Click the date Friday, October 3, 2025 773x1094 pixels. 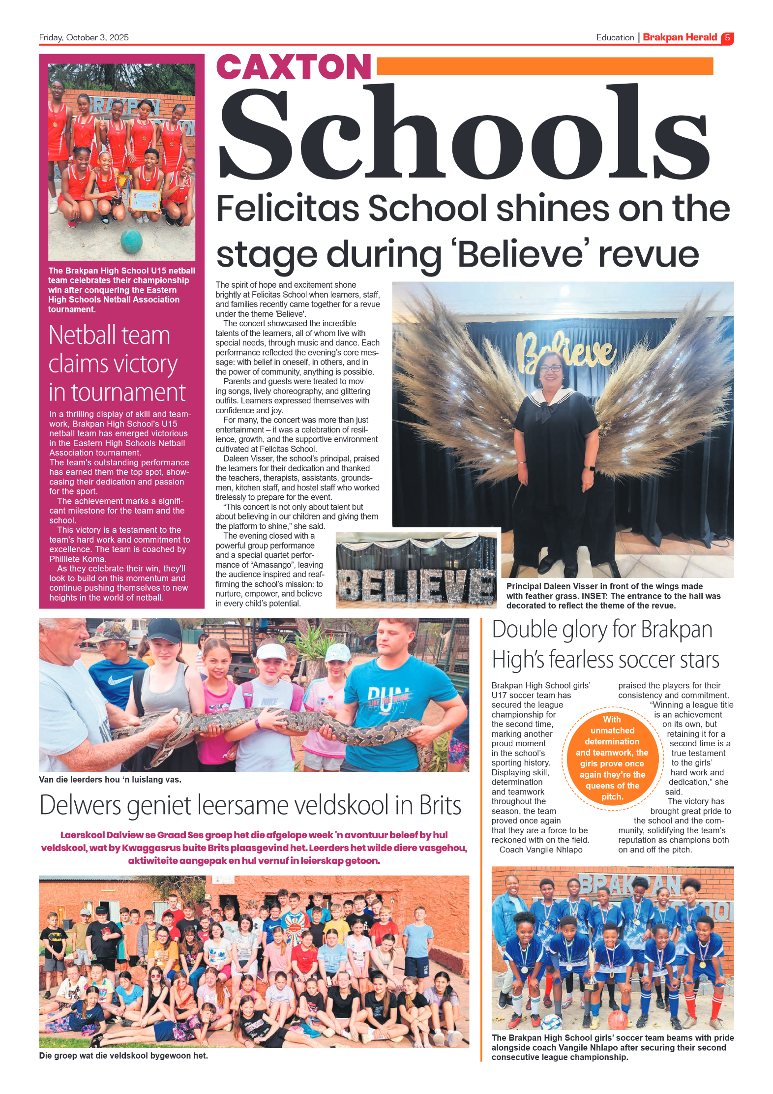click(x=84, y=37)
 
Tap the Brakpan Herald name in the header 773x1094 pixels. click(x=680, y=37)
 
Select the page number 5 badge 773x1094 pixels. click(x=727, y=38)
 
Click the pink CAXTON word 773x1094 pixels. click(x=294, y=67)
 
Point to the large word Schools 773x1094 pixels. click(x=464, y=133)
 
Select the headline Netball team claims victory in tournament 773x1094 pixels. click(x=117, y=364)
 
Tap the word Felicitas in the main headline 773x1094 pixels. click(x=288, y=209)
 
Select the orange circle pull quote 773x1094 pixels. click(x=612, y=758)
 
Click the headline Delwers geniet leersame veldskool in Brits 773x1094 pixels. click(x=250, y=805)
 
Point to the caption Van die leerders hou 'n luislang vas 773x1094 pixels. click(x=110, y=779)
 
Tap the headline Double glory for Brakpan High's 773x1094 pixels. click(x=605, y=644)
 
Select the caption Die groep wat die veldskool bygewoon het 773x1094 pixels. click(x=123, y=1055)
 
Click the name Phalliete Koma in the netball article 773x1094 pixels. click(x=77, y=559)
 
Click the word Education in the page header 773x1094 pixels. click(x=615, y=37)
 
